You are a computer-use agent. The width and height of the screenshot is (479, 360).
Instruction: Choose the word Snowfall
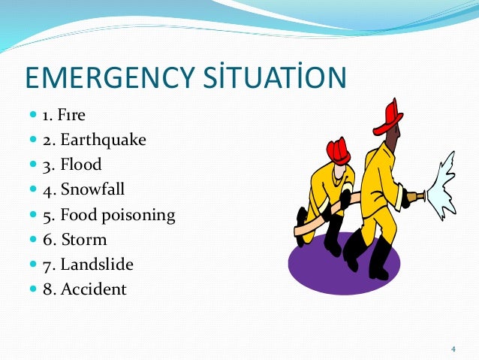coord(93,190)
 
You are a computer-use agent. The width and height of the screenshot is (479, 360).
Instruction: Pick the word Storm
coord(84,240)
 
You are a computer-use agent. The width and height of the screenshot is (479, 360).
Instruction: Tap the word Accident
coord(94,289)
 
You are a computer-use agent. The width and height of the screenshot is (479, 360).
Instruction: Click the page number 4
coord(453,349)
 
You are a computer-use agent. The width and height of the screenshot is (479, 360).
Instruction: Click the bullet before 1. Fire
coord(34,116)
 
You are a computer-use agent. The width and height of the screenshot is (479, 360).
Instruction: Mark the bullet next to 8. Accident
coord(34,289)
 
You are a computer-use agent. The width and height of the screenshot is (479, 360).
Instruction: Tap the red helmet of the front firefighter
coord(390,116)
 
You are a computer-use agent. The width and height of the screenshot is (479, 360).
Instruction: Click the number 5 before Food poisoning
coord(48,216)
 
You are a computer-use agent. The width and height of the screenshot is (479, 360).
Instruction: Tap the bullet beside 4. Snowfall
coord(34,190)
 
